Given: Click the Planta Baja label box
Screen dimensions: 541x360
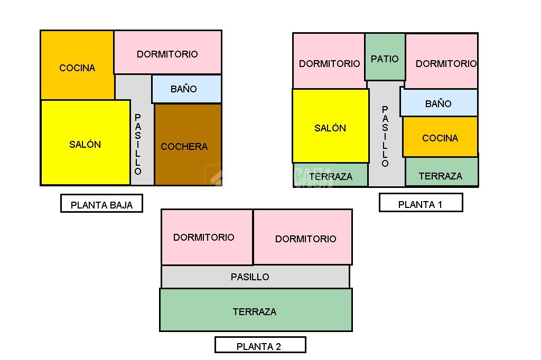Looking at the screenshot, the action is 101,204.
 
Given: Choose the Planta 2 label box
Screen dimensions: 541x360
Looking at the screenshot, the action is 260,345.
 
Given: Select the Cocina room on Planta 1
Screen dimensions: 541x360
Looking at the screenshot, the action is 440,137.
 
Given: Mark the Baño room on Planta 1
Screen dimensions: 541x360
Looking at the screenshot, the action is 439,103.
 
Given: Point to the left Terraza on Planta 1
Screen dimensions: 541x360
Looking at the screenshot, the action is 331,175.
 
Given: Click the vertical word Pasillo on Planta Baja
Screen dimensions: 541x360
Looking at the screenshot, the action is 138,144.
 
